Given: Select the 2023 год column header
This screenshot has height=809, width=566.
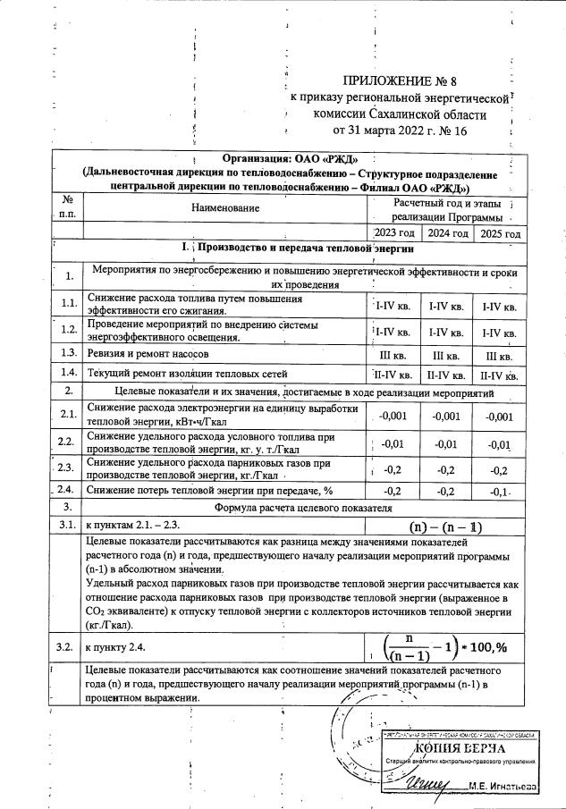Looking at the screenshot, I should coord(394,233).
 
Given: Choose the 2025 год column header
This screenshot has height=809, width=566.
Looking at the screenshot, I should coord(500,233).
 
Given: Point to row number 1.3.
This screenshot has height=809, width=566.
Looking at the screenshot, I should coord(68,352).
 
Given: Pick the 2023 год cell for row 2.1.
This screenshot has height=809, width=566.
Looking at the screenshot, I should coord(394,415).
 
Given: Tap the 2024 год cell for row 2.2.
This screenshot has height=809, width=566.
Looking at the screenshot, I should coord(447,443).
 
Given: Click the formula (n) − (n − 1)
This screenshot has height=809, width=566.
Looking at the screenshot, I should coord(444,526).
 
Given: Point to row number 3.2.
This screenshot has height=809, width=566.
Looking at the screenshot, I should coord(68,643).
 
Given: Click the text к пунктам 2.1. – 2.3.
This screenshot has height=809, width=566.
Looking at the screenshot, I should coord(132,526).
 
